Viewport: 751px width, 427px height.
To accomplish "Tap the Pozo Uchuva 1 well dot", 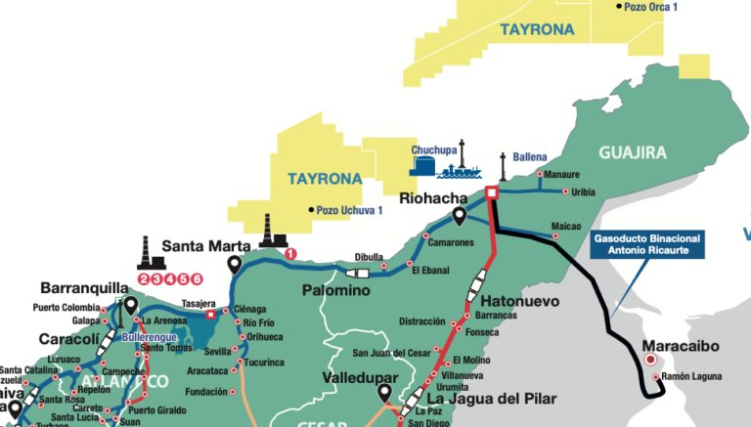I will pyautogui.click(x=311, y=210).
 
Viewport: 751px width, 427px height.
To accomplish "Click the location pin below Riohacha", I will pyautogui.click(x=459, y=216).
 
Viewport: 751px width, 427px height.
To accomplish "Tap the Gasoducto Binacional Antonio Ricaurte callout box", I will pyautogui.click(x=646, y=243).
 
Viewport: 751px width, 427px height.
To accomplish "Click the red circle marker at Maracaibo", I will pyautogui.click(x=651, y=360).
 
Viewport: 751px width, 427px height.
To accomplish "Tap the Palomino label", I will pyautogui.click(x=334, y=291).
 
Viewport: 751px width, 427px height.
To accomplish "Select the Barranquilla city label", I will pyautogui.click(x=85, y=288).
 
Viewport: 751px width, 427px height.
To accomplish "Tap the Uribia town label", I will pyautogui.click(x=582, y=191).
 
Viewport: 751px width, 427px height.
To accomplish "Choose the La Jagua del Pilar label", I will pyautogui.click(x=492, y=399).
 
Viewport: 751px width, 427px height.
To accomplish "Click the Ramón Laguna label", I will pyautogui.click(x=690, y=376).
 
